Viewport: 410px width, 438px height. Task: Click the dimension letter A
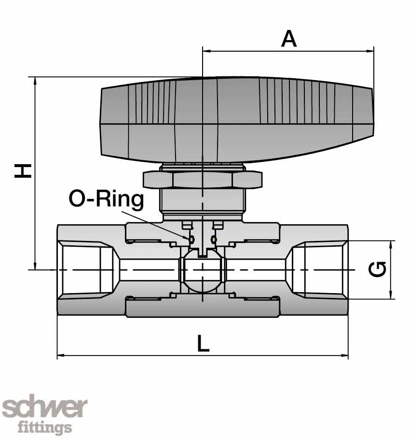click(x=288, y=39)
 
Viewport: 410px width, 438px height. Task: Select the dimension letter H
click(x=23, y=170)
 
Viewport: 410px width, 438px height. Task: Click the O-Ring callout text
click(x=106, y=198)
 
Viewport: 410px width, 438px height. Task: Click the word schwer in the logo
click(x=44, y=409)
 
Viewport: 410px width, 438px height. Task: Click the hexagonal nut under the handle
click(x=203, y=179)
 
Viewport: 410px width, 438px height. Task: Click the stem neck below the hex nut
click(x=203, y=203)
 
